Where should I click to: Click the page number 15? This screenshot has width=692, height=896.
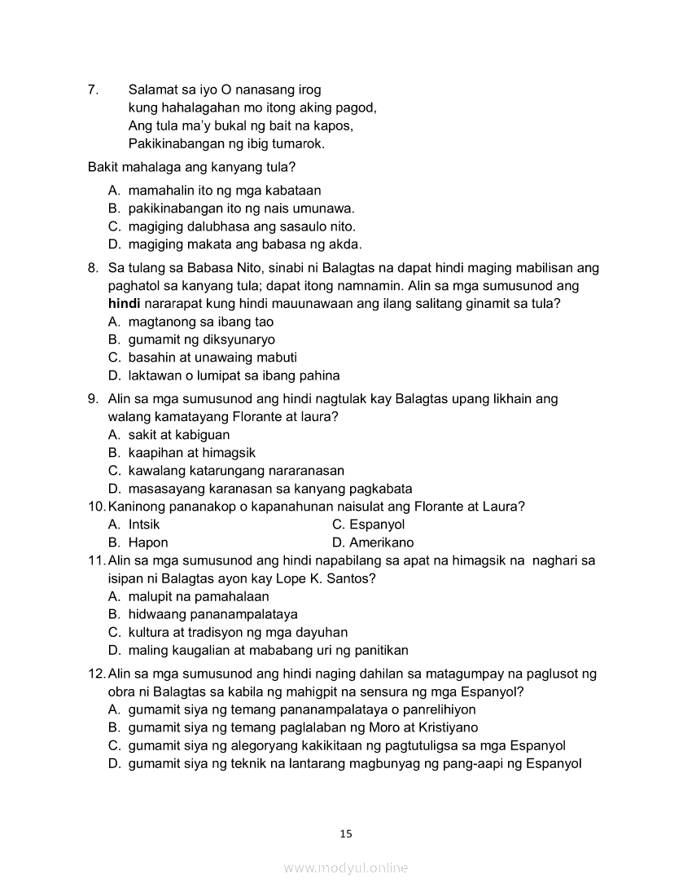point(346,833)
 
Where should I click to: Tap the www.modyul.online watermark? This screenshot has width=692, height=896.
point(346,868)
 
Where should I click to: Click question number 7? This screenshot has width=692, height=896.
point(93,90)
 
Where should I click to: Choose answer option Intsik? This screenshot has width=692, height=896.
point(144,525)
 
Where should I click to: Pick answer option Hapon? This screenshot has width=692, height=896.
point(148,542)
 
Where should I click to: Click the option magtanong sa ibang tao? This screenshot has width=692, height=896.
point(201,322)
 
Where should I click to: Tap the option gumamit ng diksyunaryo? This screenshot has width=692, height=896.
point(202,340)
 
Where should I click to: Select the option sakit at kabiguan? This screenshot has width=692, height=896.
point(179,435)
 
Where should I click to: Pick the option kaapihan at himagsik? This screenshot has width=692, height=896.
point(192,453)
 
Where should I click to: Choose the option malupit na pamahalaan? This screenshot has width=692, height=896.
point(199,596)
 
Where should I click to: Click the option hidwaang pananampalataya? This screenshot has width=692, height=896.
point(213,614)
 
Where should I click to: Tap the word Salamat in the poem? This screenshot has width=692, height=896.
point(152,90)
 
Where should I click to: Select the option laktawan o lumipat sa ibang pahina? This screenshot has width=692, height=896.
point(234,376)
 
